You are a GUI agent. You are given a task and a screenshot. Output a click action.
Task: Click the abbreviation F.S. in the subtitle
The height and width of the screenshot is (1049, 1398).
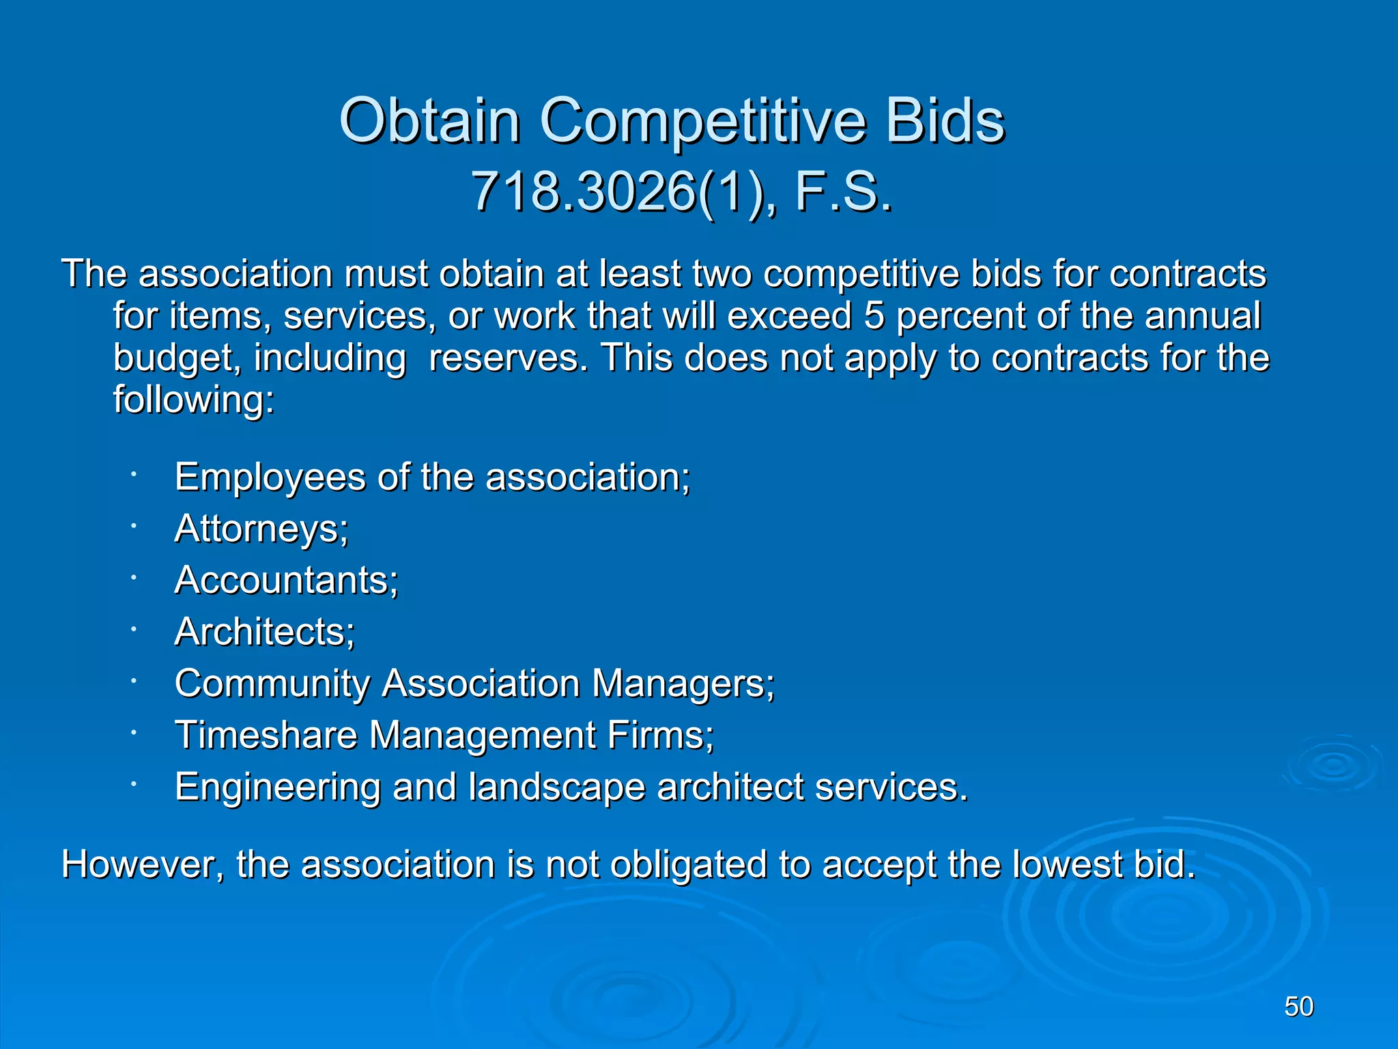(844, 193)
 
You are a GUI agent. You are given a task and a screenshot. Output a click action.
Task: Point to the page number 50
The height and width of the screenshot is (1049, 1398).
(1298, 1007)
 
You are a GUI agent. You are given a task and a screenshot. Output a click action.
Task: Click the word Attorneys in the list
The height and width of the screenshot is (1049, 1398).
(261, 529)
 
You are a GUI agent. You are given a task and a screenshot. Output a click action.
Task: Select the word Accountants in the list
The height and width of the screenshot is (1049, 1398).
(286, 581)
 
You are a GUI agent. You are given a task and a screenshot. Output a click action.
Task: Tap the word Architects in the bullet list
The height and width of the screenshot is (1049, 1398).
(264, 632)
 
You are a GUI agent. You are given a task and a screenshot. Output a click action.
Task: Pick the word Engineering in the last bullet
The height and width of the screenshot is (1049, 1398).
(277, 787)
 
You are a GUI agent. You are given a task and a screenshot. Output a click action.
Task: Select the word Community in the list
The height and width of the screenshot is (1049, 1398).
(272, 684)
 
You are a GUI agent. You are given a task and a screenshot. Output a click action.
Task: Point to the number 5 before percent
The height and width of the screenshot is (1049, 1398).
(874, 316)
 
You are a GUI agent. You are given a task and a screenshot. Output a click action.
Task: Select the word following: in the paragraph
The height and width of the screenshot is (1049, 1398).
(193, 400)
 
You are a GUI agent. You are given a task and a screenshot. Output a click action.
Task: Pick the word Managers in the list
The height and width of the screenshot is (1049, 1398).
(683, 684)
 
